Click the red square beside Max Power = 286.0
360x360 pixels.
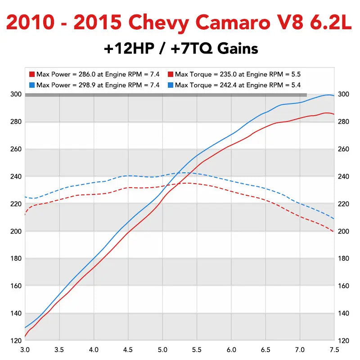point(32,74)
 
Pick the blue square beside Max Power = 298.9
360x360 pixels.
point(32,85)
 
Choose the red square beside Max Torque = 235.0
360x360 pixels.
point(170,74)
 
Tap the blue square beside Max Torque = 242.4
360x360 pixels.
point(170,85)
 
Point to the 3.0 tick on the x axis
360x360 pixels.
point(25,349)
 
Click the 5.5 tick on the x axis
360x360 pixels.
point(197,349)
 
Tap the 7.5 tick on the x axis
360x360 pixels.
point(334,349)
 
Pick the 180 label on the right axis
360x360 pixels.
point(343,259)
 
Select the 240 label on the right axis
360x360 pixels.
point(343,176)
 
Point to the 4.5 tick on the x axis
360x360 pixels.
point(128,349)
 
